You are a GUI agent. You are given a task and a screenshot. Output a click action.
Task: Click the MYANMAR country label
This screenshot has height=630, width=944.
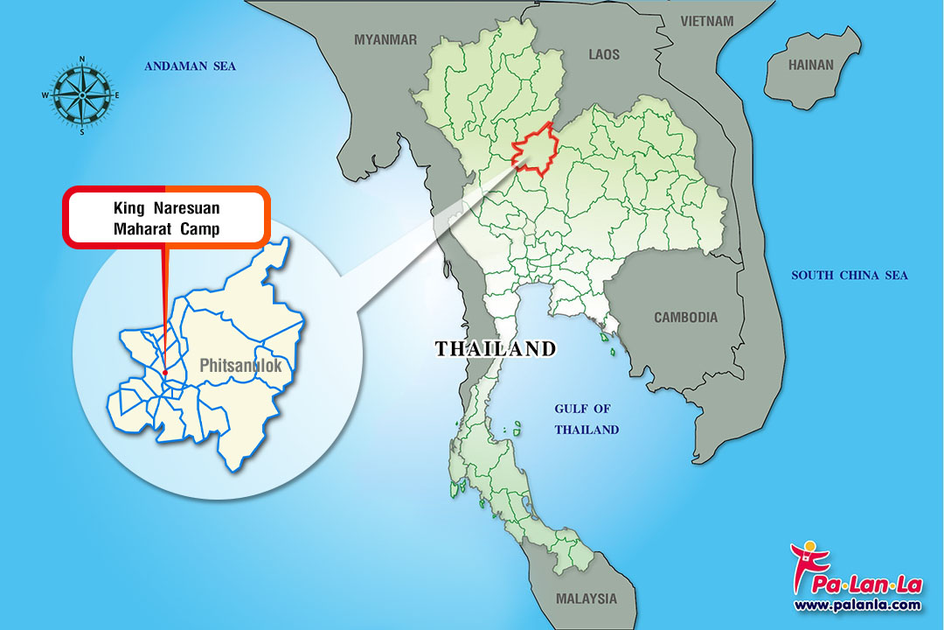click(x=385, y=39)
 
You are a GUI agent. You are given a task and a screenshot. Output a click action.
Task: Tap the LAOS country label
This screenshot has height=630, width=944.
click(x=604, y=54)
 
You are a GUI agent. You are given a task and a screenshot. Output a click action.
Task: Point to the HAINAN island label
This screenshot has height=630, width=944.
click(x=811, y=65)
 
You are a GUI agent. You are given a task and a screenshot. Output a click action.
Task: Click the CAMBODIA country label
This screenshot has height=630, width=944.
click(x=685, y=318)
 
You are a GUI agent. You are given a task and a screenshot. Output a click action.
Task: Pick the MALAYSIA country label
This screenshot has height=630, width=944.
click(x=586, y=599)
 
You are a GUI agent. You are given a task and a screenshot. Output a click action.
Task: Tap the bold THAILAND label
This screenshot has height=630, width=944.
click(x=496, y=348)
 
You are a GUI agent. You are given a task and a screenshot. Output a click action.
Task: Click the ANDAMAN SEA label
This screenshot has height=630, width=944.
click(x=190, y=66)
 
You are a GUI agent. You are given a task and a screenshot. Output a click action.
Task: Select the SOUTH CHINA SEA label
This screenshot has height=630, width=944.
click(x=850, y=276)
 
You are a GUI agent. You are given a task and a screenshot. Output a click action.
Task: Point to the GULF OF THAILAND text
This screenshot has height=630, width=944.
click(x=587, y=419)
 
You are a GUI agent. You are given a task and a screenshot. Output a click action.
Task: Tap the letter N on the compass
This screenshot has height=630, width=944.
click(x=81, y=59)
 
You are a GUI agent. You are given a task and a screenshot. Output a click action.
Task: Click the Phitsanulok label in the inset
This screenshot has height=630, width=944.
click(x=240, y=366)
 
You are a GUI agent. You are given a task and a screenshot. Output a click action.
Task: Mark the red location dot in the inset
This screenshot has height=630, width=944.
click(x=164, y=373)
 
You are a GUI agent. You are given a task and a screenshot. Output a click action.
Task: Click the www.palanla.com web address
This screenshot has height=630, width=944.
click(x=857, y=605)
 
